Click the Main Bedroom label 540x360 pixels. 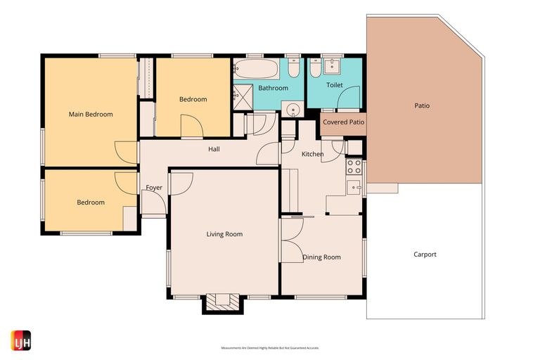[90, 114]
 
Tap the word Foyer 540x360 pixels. [154, 188]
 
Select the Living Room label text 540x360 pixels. [224, 234]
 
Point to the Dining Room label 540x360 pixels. [321, 257]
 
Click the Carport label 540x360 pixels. [425, 255]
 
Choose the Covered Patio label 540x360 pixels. [343, 122]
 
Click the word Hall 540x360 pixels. [214, 149]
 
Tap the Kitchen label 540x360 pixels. [312, 154]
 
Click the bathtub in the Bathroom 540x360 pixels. [256, 69]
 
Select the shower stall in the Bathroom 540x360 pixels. [243, 94]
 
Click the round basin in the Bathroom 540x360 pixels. [292, 108]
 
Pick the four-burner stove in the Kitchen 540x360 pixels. [354, 167]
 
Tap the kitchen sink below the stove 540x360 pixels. [354, 187]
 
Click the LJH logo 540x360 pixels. [21, 340]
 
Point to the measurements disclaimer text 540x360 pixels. [270, 348]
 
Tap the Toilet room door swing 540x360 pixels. [349, 98]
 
